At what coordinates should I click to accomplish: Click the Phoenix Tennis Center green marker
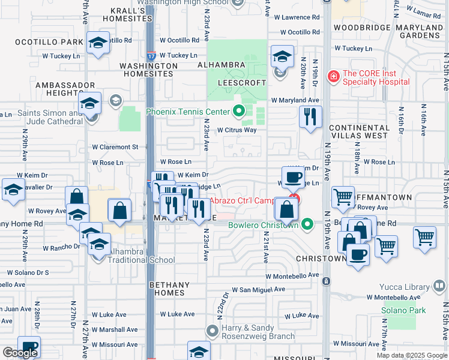pyautogui.click(x=240, y=111)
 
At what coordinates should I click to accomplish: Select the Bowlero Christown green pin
pyautogui.click(x=308, y=225)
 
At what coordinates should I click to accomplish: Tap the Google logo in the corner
pyautogui.click(x=20, y=353)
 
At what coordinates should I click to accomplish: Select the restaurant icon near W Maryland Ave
pyautogui.click(x=310, y=116)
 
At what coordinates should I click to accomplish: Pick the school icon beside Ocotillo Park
pyautogui.click(x=98, y=43)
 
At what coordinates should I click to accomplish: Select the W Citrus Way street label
pyautogui.click(x=237, y=130)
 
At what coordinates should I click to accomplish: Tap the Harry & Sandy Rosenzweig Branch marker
pyautogui.click(x=211, y=330)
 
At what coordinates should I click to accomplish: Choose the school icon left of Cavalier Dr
pyautogui.click(x=13, y=190)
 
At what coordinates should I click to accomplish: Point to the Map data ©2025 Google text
pyautogui.click(x=412, y=355)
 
